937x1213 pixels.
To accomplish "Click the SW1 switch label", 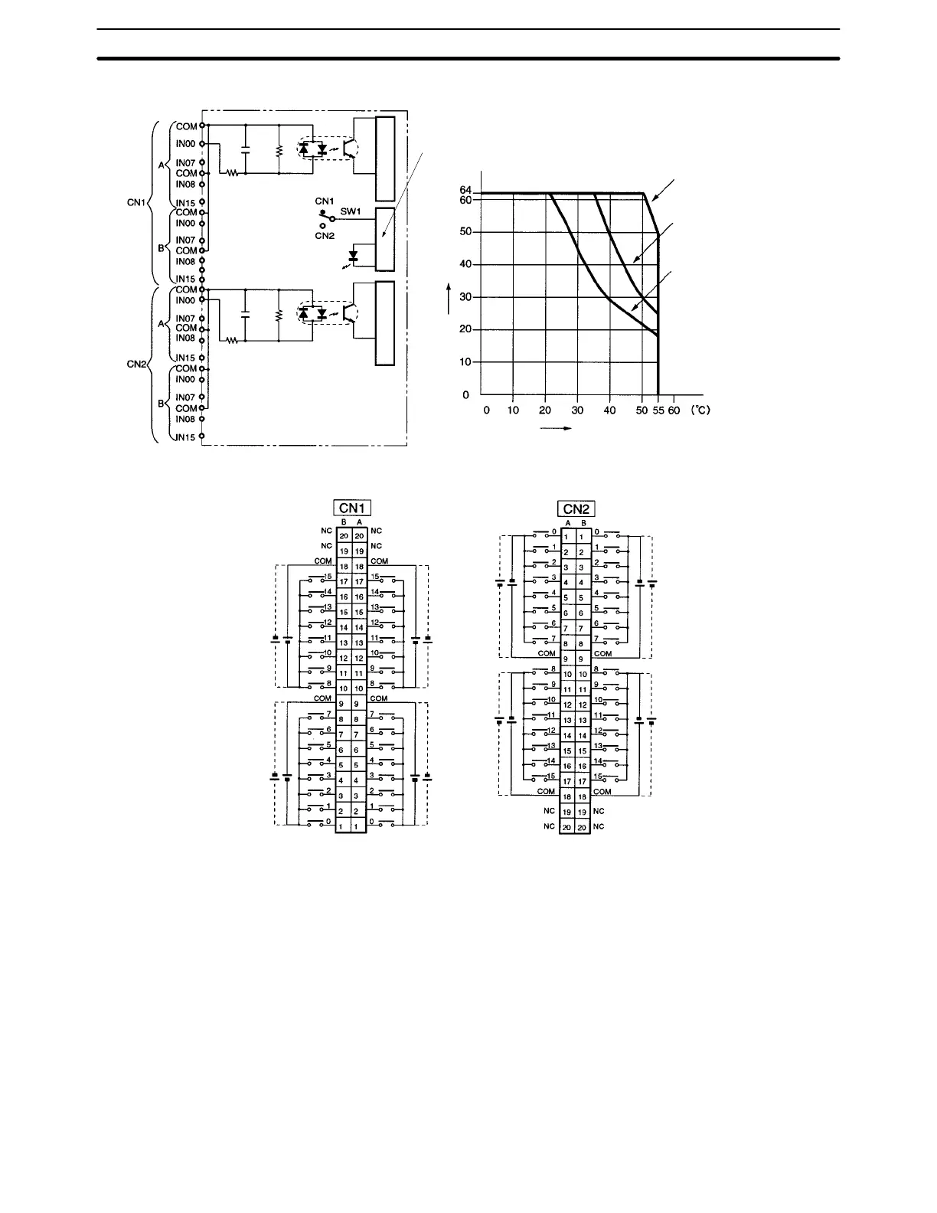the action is pos(351,211).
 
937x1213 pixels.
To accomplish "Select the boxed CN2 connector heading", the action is pos(578,508).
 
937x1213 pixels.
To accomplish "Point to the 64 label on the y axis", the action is pos(465,190).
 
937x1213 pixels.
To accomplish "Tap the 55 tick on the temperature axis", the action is pos(658,410).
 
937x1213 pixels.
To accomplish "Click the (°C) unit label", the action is pos(698,410).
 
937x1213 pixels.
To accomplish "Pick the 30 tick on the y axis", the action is pos(465,297).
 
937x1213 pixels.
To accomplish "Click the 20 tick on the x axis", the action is pos(545,410).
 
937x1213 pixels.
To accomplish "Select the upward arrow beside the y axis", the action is pos(449,298).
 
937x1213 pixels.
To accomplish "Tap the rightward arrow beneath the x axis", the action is pos(557,428).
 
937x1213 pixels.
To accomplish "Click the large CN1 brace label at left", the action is pos(137,204).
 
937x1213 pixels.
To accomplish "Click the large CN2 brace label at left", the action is pos(136,364).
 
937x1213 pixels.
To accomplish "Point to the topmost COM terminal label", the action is pos(186,126).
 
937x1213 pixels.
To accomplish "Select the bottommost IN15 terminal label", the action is pos(184,438).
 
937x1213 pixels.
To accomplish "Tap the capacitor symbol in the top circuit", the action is pos(245,149).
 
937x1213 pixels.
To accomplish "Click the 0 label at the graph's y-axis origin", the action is pos(465,395).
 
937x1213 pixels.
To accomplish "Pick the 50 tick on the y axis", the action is pos(465,231).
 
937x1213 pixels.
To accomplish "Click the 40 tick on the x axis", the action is pos(610,410).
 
